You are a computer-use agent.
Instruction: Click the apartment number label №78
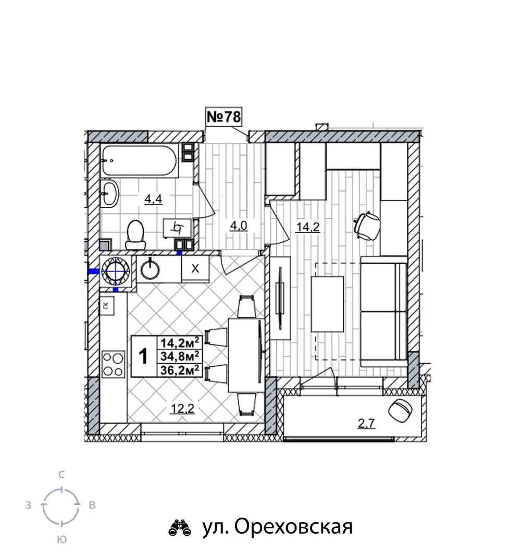coord(224,116)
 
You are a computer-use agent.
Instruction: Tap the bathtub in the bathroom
coord(139,160)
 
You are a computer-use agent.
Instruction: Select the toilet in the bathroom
coord(136,234)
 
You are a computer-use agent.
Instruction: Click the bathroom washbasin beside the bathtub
coord(110,193)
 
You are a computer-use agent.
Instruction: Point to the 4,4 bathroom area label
coord(153,199)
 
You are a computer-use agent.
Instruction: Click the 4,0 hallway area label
coord(238,226)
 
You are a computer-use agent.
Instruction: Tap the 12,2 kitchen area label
coord(182,409)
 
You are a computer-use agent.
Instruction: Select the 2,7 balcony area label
coord(366,423)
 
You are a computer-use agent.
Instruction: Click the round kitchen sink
coord(151,269)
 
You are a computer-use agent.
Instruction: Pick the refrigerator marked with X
coord(195,268)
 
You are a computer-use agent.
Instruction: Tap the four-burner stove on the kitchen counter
coord(113,364)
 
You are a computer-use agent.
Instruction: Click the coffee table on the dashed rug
coord(328,304)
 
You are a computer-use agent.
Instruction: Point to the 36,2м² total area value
coord(180,370)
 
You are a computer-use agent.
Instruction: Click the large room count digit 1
coord(143,356)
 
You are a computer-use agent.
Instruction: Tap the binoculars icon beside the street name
coord(180,527)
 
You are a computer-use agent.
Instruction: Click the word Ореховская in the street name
coord(293,527)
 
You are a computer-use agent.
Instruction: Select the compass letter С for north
coord(61,475)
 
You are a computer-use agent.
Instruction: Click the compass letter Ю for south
coord(61,539)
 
